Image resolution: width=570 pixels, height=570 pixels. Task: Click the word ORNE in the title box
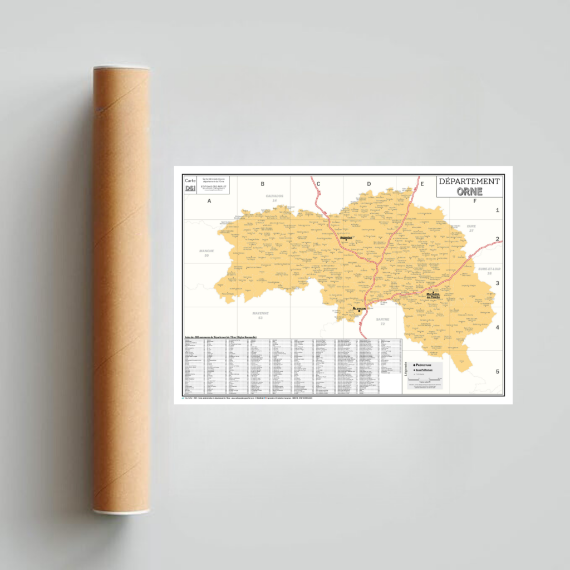470,191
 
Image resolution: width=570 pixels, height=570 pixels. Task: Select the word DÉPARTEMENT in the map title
469,181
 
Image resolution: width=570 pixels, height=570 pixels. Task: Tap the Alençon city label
359,308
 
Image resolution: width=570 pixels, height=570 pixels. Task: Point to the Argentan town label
346,237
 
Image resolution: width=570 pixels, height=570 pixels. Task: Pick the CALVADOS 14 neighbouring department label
274,198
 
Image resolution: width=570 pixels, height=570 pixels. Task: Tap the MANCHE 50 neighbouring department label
207,253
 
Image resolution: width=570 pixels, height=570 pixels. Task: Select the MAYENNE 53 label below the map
261,315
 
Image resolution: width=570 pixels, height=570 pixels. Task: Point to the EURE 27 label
471,228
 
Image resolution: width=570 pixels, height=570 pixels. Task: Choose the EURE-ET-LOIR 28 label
489,271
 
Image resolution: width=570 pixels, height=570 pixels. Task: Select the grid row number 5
497,371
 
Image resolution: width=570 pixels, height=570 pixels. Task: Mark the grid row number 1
497,210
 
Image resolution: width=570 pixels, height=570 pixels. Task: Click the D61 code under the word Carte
190,189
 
